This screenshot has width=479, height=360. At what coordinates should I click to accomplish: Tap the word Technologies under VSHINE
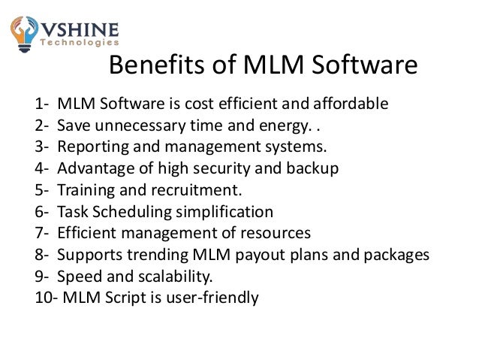[x=80, y=45]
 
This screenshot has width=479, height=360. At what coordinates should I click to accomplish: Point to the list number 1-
[x=43, y=103]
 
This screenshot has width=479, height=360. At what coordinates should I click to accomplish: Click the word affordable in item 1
[x=352, y=103]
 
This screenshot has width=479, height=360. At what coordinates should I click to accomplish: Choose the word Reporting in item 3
[x=91, y=143]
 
